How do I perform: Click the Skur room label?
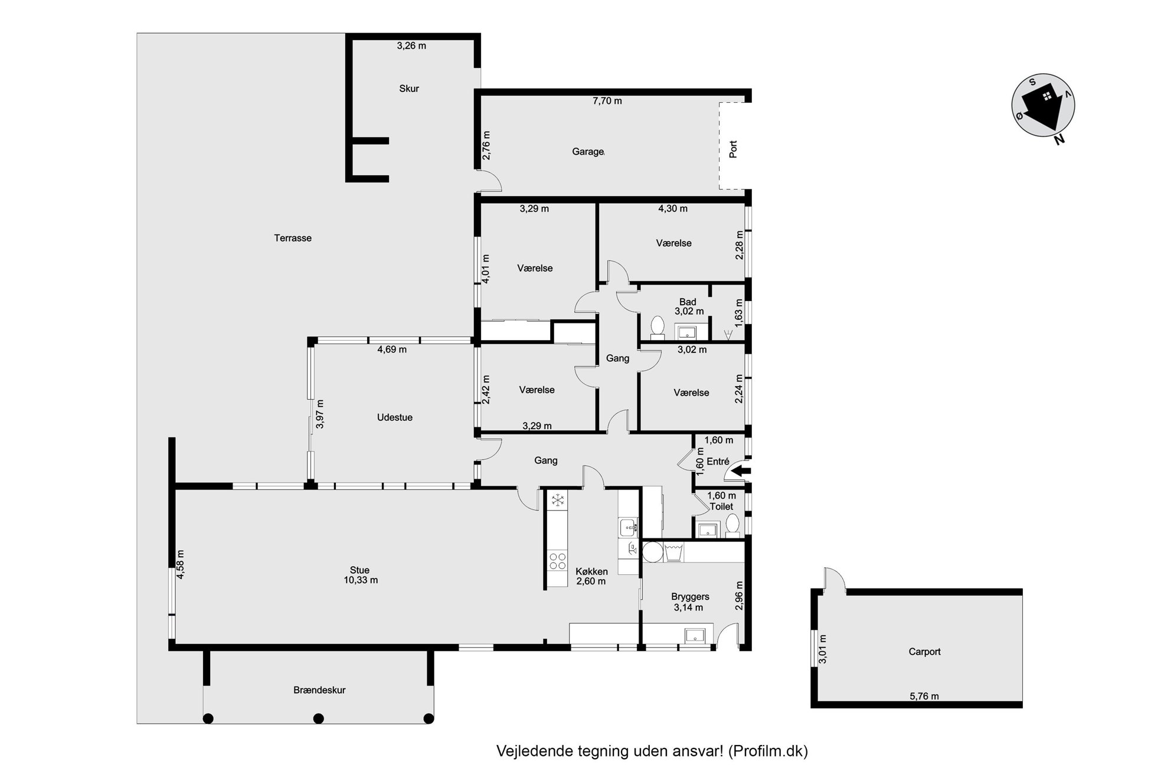409,89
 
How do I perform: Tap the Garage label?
588,152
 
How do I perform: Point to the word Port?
733,149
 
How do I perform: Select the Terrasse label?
293,238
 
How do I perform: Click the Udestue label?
395,417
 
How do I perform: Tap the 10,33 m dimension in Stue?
361,580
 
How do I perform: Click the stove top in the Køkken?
558,561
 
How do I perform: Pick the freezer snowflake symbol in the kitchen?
557,501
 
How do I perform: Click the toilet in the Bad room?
657,326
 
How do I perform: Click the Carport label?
924,652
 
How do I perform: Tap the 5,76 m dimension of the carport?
924,696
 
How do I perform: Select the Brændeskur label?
319,690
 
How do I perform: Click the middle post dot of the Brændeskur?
319,718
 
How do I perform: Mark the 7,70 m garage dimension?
607,101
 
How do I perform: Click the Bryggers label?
690,597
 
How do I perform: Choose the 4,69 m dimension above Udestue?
392,349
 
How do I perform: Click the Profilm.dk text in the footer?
768,751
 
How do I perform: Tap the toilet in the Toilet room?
732,525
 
